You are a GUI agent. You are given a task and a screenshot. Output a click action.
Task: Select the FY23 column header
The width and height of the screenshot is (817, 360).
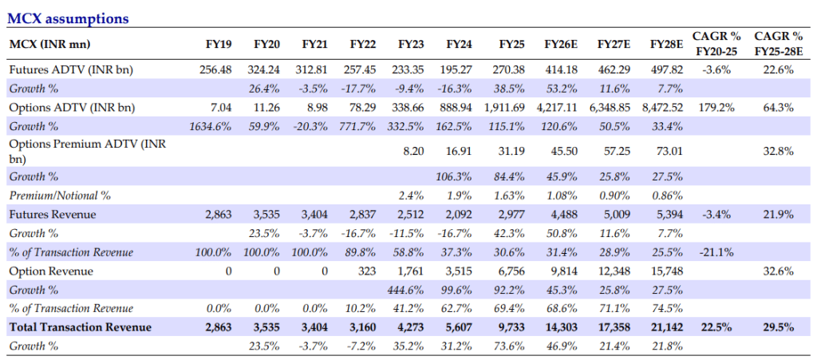pos(411,43)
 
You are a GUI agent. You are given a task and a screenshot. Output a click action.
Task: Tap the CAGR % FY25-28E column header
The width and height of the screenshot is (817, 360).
pos(779,43)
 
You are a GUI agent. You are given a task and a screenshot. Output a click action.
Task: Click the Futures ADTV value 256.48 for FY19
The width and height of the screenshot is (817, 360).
pos(215,70)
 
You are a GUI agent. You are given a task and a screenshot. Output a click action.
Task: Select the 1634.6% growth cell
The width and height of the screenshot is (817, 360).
pos(210,126)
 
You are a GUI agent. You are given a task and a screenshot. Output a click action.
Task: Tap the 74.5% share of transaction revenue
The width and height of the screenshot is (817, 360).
pos(665,308)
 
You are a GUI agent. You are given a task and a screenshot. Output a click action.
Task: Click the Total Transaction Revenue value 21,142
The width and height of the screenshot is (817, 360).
pos(663,327)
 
